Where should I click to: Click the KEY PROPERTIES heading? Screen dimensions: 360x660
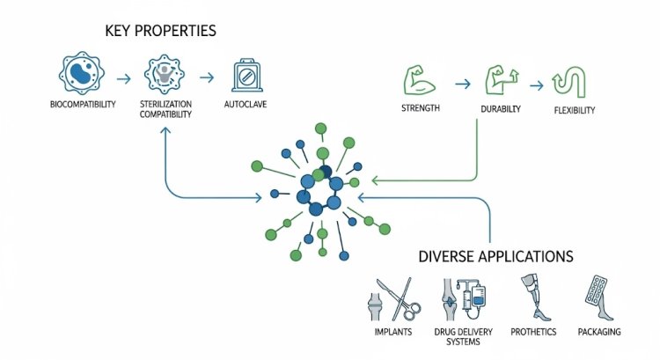160,32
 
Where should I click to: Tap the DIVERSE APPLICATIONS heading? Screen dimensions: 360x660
495,258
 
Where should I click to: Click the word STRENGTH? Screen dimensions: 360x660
422,110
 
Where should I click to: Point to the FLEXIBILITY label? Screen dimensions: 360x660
575,111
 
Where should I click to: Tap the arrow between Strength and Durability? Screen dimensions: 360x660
461,84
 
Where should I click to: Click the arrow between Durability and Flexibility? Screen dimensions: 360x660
536,85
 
